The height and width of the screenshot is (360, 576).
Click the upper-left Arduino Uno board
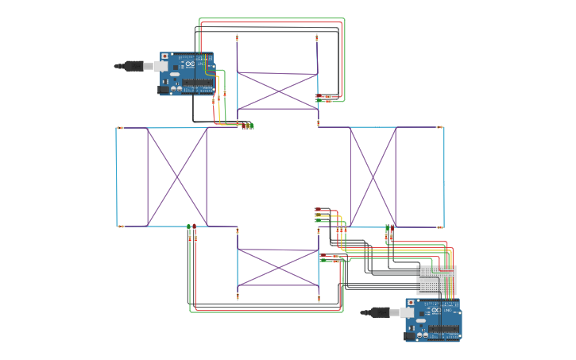click(187, 73)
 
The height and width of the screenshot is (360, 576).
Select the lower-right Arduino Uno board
click(434, 319)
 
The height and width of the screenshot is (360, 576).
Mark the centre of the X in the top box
click(277, 91)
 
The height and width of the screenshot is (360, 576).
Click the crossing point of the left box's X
click(176, 176)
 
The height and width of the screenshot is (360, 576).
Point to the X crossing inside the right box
click(373, 176)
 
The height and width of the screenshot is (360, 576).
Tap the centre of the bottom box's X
click(278, 268)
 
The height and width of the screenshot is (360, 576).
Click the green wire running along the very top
click(270, 19)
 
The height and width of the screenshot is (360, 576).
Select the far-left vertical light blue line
click(116, 176)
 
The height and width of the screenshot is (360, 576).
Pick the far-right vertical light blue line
click(443, 176)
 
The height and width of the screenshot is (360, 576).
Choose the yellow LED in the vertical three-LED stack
click(317, 215)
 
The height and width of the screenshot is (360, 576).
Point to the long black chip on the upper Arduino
click(197, 83)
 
